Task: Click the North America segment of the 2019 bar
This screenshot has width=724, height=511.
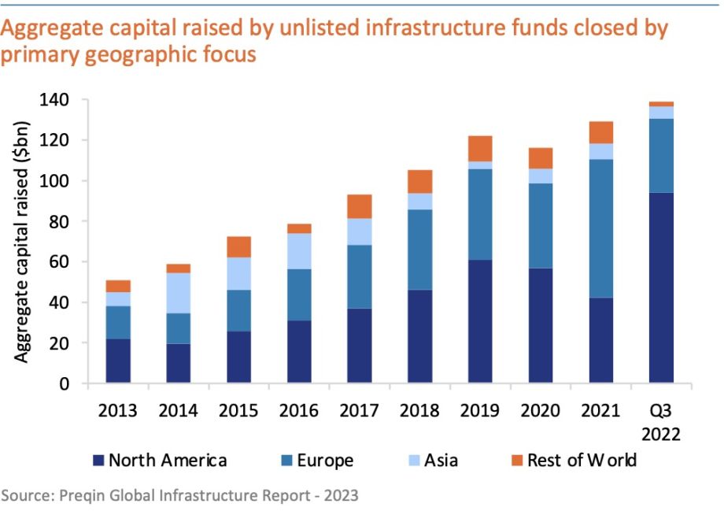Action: pyautogui.click(x=481, y=321)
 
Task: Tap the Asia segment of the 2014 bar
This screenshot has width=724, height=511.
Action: pyautogui.click(x=179, y=293)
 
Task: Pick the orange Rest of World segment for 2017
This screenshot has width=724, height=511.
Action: pyautogui.click(x=360, y=206)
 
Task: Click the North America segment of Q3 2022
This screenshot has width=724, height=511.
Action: pyautogui.click(x=662, y=287)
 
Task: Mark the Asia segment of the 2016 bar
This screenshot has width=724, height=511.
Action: pyautogui.click(x=300, y=251)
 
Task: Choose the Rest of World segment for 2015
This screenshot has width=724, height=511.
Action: pyautogui.click(x=239, y=246)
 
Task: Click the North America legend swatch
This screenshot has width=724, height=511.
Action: pyautogui.click(x=98, y=461)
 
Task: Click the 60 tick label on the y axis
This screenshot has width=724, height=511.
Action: pyautogui.click(x=63, y=262)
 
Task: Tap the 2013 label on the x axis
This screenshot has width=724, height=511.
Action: pyautogui.click(x=118, y=410)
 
